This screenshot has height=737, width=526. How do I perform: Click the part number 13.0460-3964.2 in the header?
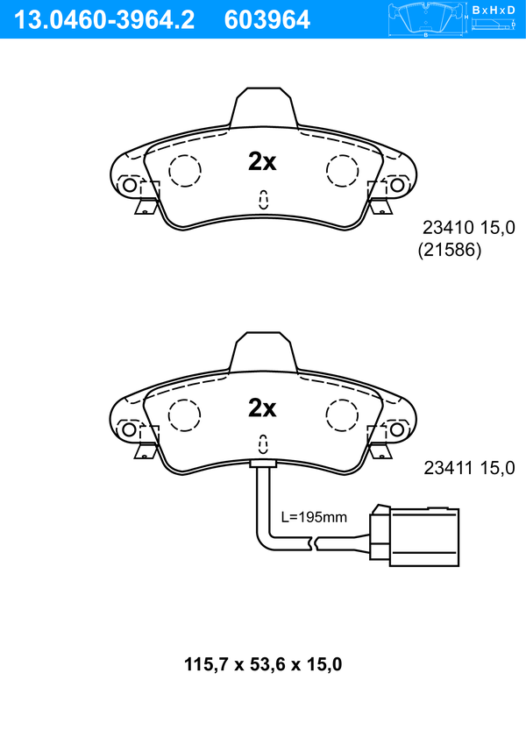[x=104, y=20]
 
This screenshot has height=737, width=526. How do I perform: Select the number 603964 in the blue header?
[x=267, y=20]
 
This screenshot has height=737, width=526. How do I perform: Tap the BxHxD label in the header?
[x=494, y=10]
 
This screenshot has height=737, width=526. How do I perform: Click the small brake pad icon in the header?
[x=426, y=19]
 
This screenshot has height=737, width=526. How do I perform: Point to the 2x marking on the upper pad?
[x=262, y=162]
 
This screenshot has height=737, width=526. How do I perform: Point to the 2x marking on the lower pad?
[x=262, y=408]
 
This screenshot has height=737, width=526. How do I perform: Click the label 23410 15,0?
[x=469, y=228]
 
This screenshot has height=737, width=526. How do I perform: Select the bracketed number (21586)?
[x=450, y=250]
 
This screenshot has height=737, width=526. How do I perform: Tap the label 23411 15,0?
[x=469, y=468]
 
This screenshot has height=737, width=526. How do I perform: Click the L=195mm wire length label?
[x=314, y=518]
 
